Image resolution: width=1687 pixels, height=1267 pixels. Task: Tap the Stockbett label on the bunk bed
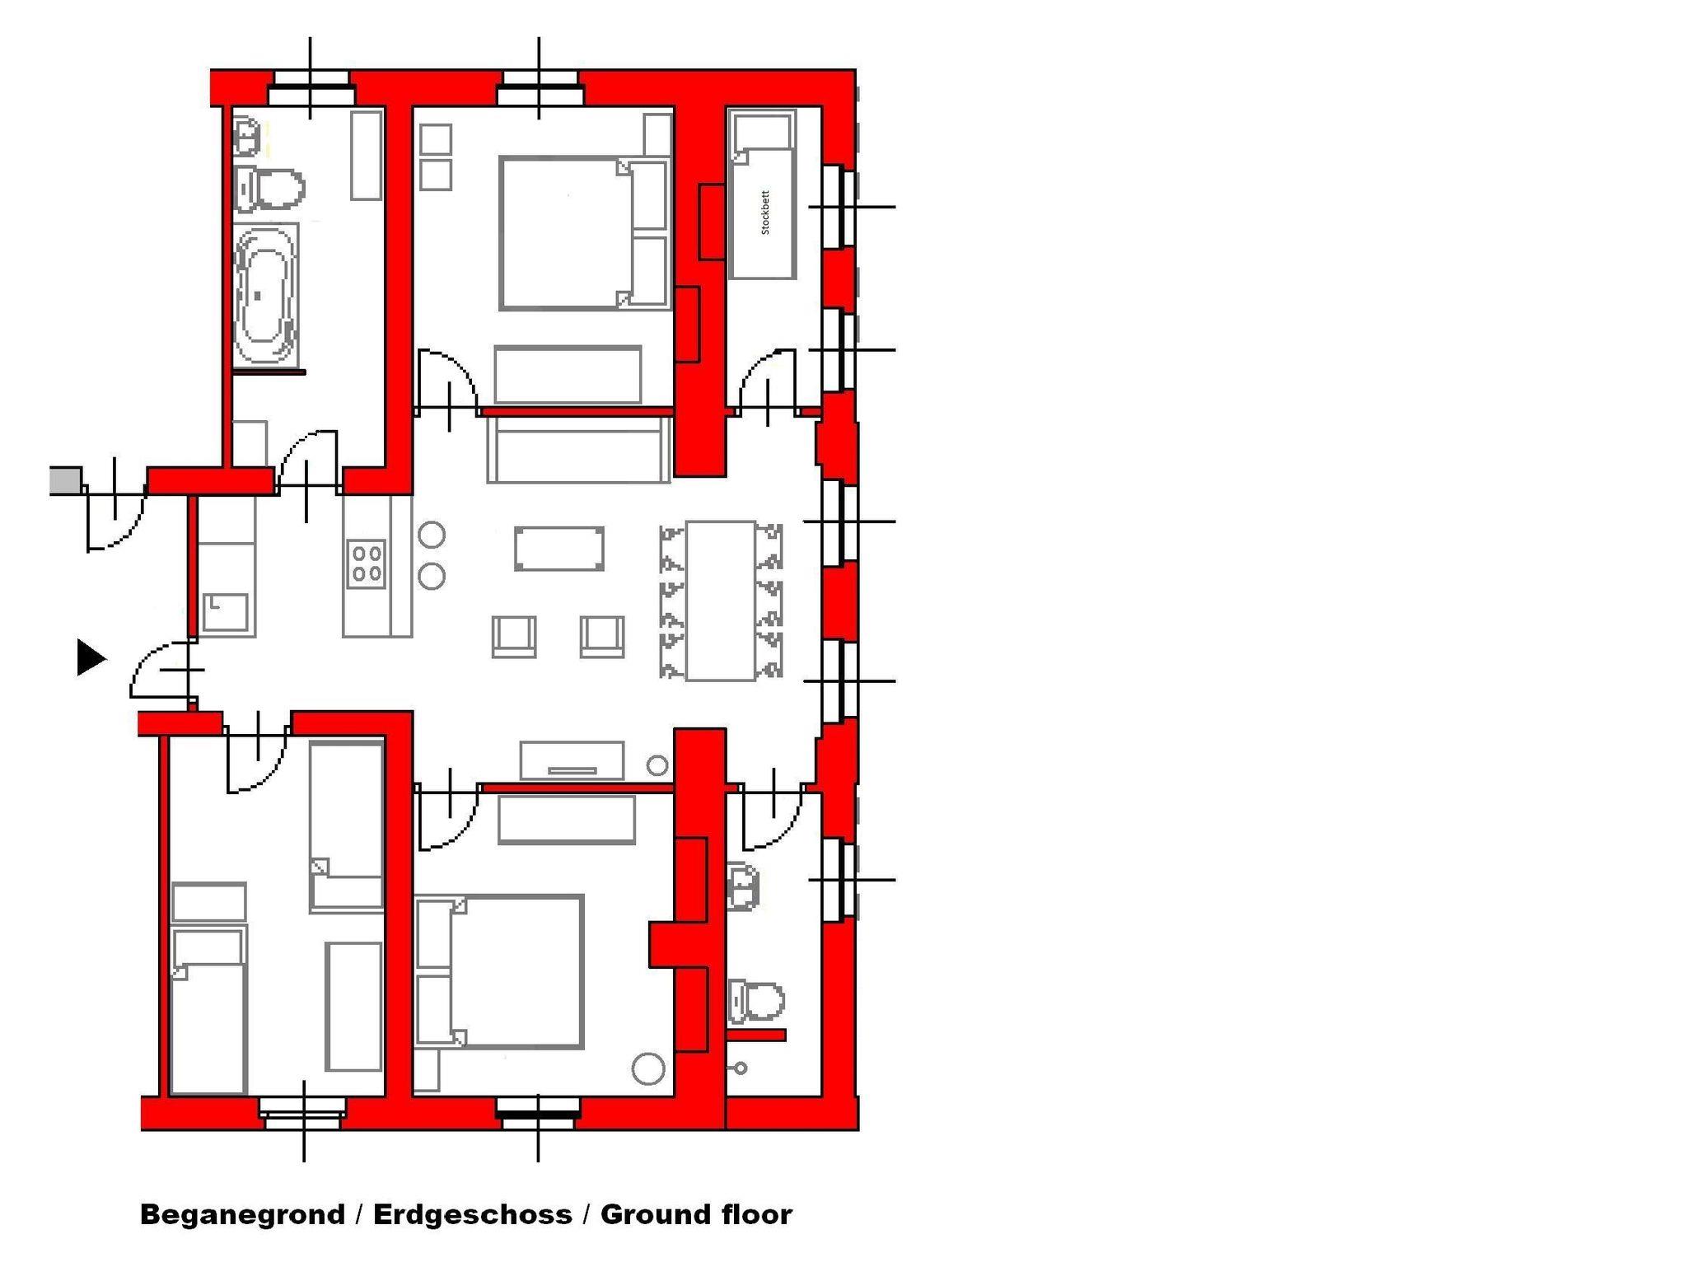pos(765,213)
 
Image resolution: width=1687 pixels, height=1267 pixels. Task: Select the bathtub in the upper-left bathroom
pos(265,295)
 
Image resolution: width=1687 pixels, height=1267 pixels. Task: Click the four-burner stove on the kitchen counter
pos(367,563)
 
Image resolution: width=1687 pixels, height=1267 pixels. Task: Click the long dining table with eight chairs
pos(721,601)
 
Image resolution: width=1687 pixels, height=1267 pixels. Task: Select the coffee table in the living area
pos(559,549)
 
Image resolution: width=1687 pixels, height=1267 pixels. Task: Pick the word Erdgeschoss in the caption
pos(473,1214)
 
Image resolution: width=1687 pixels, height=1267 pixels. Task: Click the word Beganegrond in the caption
pos(242,1214)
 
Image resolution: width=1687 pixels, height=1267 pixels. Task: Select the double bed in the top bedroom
pos(583,233)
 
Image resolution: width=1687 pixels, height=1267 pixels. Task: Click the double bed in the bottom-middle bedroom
pos(500,971)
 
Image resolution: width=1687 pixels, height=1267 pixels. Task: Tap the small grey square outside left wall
pos(66,480)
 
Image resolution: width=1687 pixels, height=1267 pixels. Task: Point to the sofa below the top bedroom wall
pos(579,449)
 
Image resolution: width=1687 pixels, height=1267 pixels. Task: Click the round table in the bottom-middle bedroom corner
pos(648,1068)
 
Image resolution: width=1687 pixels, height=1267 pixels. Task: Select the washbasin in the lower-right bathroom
pos(743,886)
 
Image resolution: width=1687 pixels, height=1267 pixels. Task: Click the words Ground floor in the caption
pos(696,1214)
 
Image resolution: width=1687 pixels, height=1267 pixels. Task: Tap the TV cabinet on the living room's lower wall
pos(572,760)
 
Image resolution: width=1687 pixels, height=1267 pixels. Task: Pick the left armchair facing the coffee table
pos(514,637)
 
